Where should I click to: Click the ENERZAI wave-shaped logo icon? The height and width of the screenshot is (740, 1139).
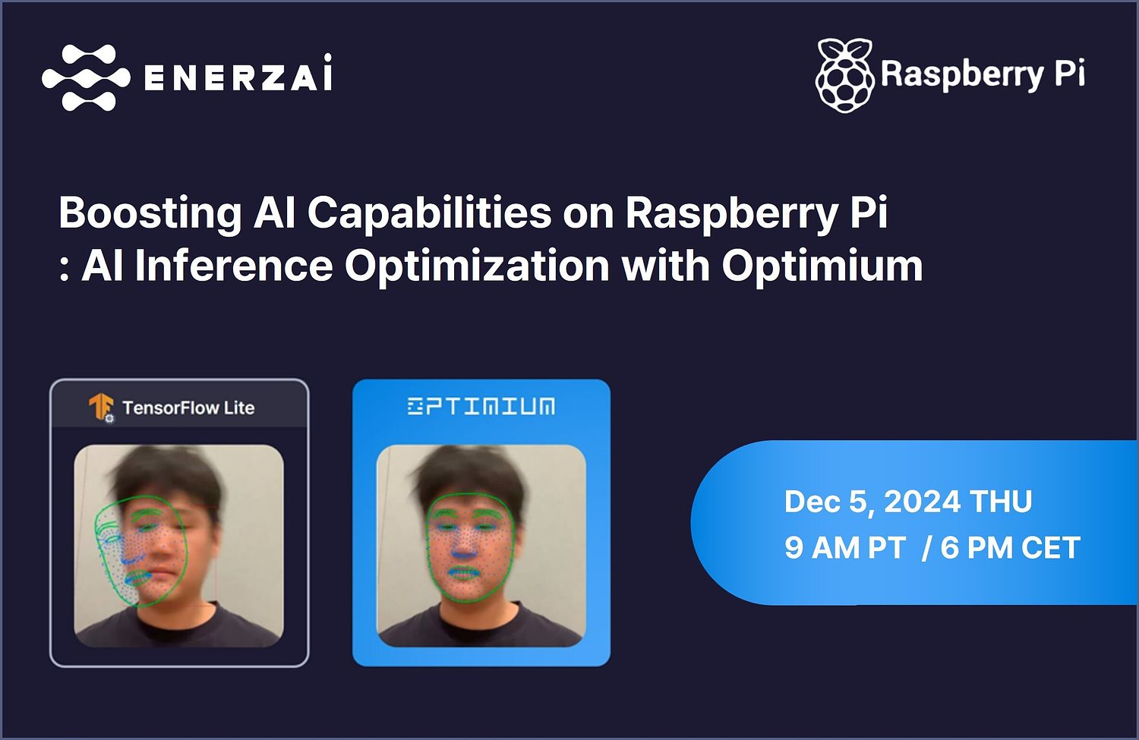click(x=85, y=77)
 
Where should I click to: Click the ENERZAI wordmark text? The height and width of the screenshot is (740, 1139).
click(x=238, y=76)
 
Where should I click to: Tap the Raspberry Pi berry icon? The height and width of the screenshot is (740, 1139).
click(x=844, y=75)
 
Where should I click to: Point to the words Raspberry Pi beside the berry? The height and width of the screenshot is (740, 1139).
click(x=983, y=74)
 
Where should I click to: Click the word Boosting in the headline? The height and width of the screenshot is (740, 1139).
click(x=150, y=213)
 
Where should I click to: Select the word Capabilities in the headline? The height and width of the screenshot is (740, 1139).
click(x=429, y=213)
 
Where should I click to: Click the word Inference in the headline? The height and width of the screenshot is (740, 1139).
click(x=233, y=266)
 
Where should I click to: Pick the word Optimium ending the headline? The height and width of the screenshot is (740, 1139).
click(x=822, y=266)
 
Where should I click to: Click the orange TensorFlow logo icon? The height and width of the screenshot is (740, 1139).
click(x=101, y=408)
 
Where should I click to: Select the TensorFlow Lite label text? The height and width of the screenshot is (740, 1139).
click(x=188, y=408)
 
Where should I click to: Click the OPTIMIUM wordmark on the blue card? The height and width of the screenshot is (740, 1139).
click(x=481, y=407)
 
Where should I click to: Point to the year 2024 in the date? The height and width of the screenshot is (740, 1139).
click(x=922, y=502)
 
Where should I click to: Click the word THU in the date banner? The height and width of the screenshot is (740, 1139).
click(x=1001, y=502)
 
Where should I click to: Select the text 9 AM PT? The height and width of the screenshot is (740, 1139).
click(x=844, y=548)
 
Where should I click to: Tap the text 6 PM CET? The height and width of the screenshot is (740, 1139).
click(x=1010, y=548)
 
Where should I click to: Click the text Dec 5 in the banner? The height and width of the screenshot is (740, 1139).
click(x=826, y=502)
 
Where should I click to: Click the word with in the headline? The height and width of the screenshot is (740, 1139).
click(x=665, y=266)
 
